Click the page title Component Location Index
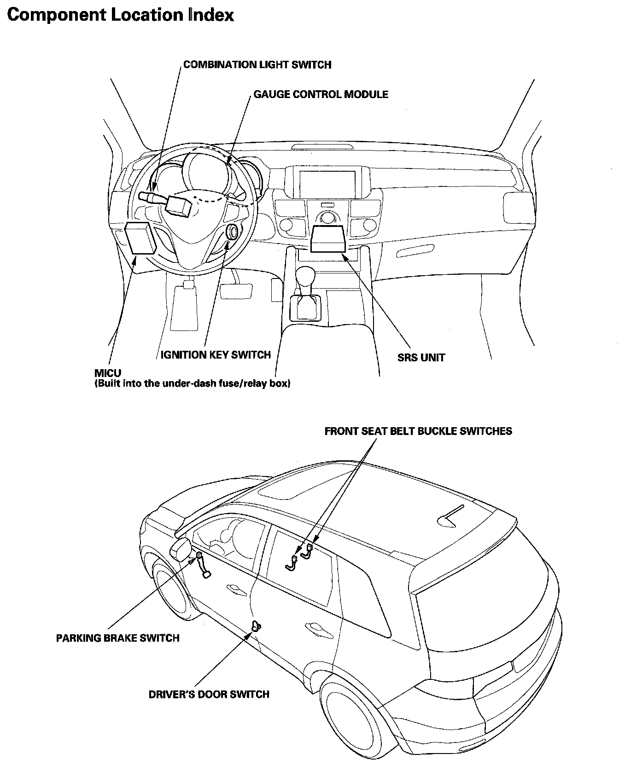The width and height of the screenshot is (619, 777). click(x=121, y=15)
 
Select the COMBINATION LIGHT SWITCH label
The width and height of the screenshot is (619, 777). click(x=257, y=64)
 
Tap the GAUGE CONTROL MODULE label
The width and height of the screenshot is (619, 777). click(x=321, y=94)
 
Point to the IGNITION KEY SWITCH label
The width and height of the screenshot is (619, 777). click(x=215, y=354)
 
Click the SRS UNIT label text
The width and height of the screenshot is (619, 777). click(x=421, y=357)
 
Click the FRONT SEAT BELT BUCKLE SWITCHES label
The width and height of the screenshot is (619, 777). click(x=418, y=431)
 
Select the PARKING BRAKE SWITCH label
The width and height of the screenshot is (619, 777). click(x=117, y=638)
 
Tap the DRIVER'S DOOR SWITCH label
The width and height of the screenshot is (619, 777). click(x=209, y=694)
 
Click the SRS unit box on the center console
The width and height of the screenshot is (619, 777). click(x=327, y=239)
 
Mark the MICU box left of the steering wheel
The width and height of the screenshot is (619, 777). click(x=140, y=238)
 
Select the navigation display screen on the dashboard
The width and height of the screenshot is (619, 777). click(x=327, y=184)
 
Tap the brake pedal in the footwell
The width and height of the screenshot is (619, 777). click(x=236, y=291)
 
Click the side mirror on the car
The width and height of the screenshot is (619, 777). click(x=182, y=550)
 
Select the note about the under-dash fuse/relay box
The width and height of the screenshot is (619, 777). click(x=192, y=383)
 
